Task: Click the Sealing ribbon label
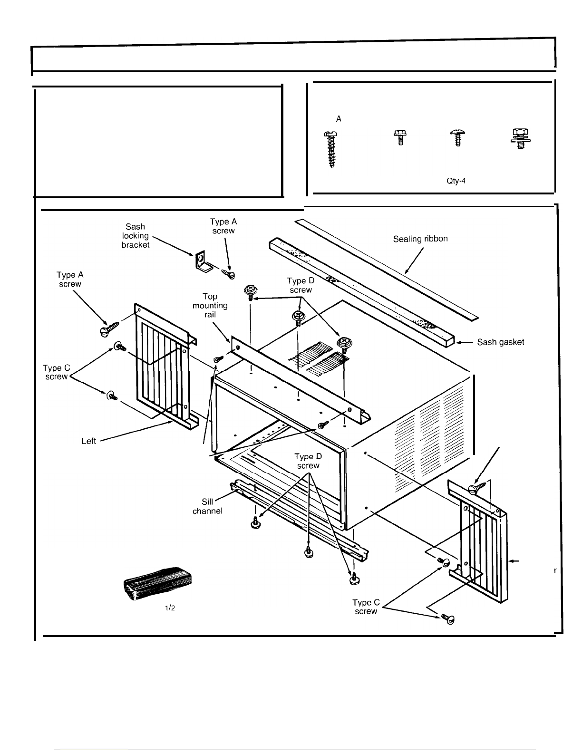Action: (420, 239)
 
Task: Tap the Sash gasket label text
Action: (500, 342)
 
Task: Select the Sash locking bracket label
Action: (135, 236)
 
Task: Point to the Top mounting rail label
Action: (210, 305)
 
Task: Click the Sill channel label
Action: (207, 506)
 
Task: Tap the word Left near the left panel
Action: (89, 441)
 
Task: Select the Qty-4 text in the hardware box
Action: (456, 181)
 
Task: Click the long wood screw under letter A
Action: (331, 149)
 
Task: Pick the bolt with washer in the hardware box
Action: (520, 138)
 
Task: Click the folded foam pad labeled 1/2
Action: (157, 584)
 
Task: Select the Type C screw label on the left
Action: (57, 372)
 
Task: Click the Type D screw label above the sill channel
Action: (308, 461)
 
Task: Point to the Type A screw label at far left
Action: (70, 280)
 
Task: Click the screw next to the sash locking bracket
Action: (228, 274)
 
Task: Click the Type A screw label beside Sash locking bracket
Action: (223, 226)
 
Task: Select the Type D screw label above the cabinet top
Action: (301, 285)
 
